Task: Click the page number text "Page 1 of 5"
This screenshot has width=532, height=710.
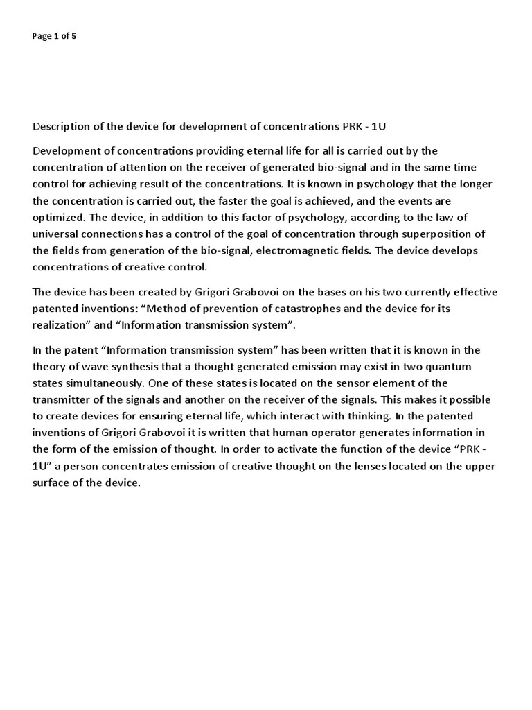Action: point(54,37)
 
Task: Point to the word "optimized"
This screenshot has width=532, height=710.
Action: point(60,218)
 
